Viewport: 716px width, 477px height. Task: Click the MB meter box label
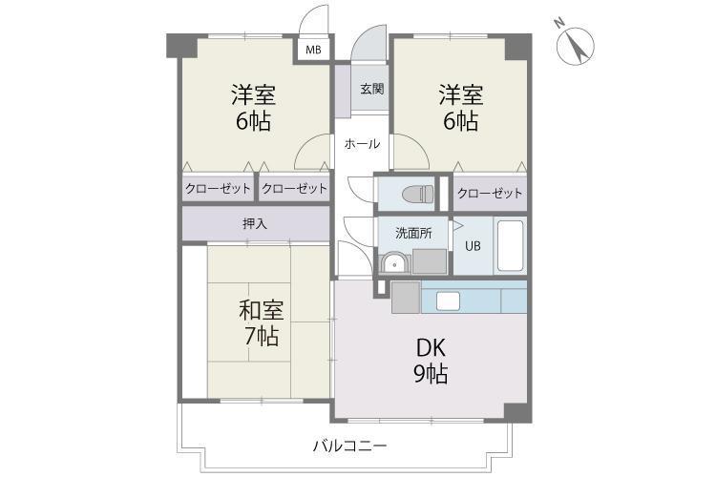pos(313,50)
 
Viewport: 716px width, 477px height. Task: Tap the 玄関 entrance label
pos(371,89)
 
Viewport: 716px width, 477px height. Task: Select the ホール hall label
pos(362,144)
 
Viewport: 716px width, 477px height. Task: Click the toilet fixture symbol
pos(417,194)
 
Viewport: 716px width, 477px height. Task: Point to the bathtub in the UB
pos(510,246)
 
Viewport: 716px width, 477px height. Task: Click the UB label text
pos(473,246)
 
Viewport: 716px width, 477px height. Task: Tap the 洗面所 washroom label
pos(413,233)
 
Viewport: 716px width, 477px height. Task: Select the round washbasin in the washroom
pos(393,263)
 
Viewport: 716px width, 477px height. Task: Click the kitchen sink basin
pos(448,301)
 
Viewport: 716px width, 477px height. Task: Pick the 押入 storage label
pos(255,223)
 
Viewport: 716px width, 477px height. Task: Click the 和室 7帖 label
pos(262,322)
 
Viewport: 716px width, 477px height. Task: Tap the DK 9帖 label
pos(431,361)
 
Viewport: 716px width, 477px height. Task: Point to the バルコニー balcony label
pos(350,446)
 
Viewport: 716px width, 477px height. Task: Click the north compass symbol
pos(576,46)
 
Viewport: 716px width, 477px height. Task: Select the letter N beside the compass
pos(558,23)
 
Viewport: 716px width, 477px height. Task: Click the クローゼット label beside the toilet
pos(490,193)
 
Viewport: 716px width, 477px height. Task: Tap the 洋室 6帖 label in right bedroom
pos(461,107)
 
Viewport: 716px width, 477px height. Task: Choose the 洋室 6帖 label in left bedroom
pos(253,107)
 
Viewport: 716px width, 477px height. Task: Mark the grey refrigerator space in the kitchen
pos(406,297)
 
